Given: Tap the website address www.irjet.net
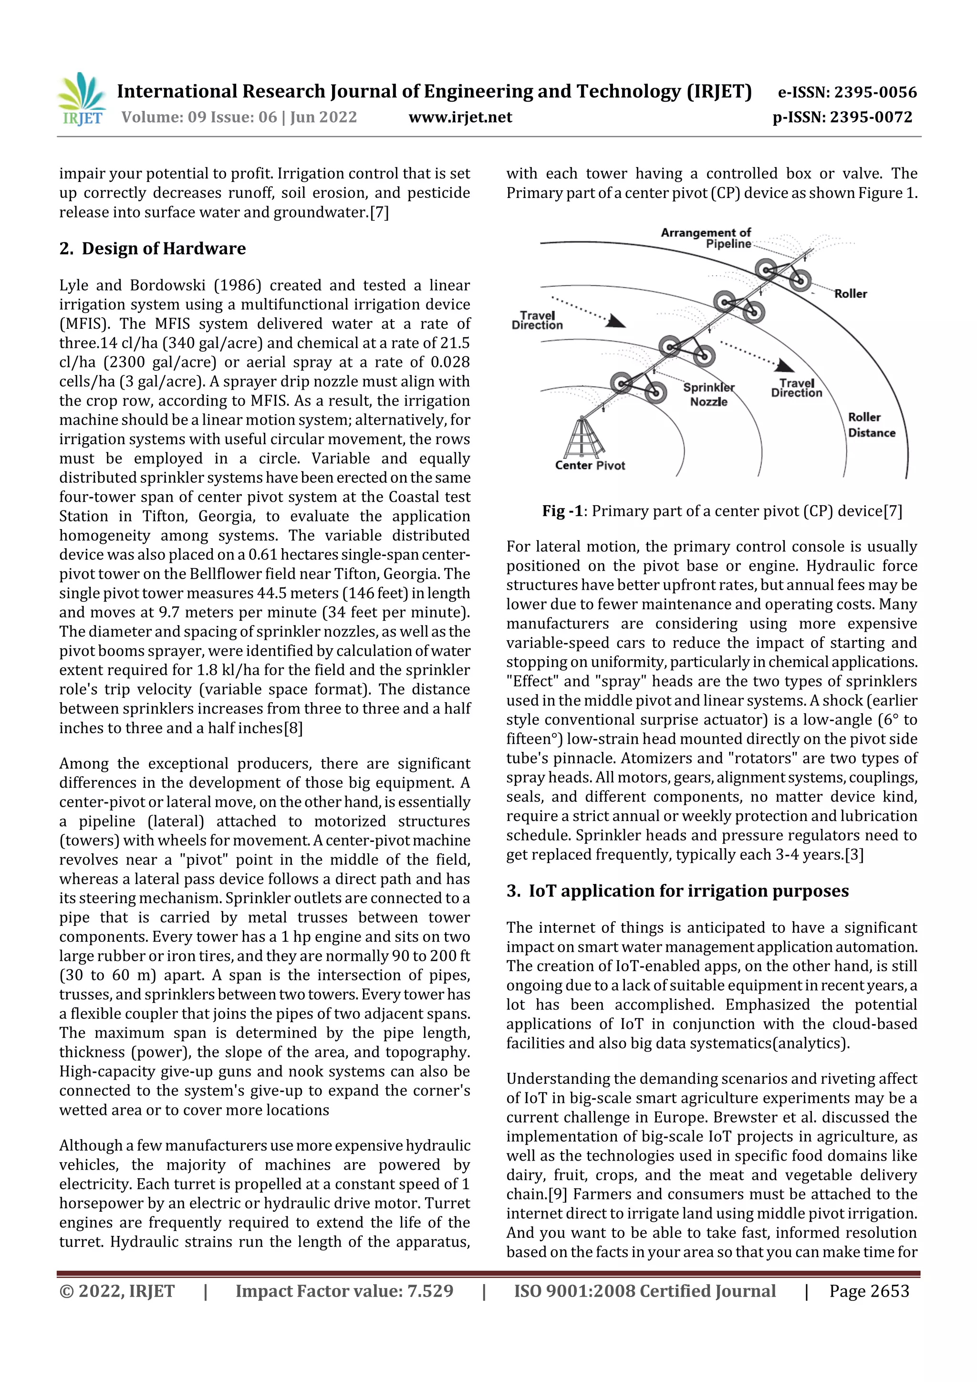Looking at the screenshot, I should click(460, 117).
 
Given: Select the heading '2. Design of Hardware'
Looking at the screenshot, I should click(152, 249).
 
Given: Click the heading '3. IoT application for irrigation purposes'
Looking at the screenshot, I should click(677, 891).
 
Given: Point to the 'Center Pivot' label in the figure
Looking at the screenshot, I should click(590, 465).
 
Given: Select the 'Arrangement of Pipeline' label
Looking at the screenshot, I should click(706, 238).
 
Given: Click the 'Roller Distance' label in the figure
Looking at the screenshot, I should click(872, 425).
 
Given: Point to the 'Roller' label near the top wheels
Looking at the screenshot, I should click(850, 294).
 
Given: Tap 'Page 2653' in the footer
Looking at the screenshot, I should click(869, 1291).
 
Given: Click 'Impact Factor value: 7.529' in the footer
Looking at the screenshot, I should click(344, 1291).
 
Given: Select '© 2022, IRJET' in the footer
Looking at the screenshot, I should click(117, 1291).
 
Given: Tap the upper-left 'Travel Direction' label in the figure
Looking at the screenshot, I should click(537, 320).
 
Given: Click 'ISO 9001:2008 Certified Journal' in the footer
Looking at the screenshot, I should click(644, 1291).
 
